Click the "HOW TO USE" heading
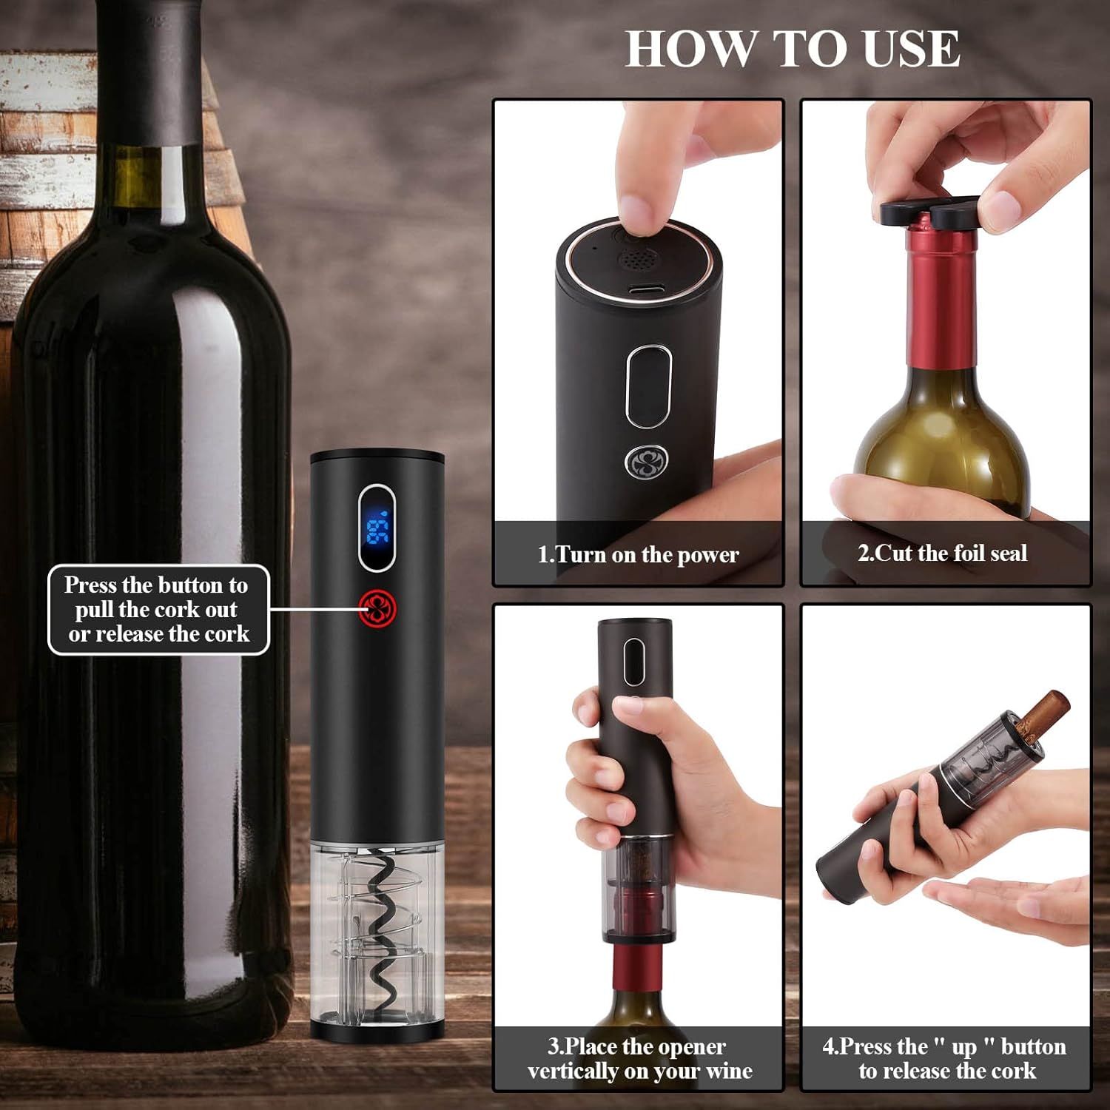(793, 49)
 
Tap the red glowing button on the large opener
(377, 608)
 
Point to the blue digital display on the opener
(377, 527)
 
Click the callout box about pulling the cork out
(158, 610)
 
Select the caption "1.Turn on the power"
(638, 554)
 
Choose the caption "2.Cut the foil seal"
(942, 553)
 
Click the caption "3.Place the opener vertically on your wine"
(639, 1058)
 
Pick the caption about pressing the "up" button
(944, 1058)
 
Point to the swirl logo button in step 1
(647, 462)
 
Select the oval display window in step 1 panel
(648, 387)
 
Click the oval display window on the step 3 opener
(634, 661)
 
